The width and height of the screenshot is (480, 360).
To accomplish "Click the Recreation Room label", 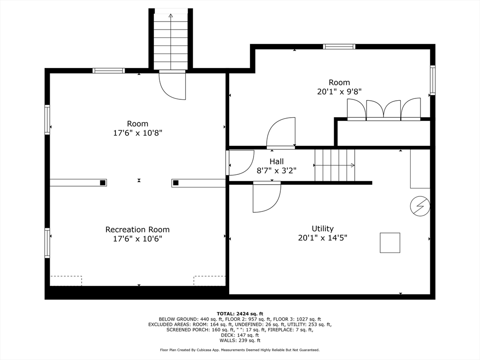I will tap(137, 230).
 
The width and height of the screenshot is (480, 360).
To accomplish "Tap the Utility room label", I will tap(322, 229).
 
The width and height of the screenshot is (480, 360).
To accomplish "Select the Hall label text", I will tap(277, 162).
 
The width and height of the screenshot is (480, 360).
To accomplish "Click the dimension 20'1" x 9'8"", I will tap(339, 92).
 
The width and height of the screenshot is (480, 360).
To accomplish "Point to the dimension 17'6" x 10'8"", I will tap(137, 133).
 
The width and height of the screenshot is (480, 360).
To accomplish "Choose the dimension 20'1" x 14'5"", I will tap(322, 238).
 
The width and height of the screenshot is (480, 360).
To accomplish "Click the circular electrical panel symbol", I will tap(420, 206).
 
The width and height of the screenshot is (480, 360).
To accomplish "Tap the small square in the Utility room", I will tap(390, 243).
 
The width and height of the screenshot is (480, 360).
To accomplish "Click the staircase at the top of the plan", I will tap(171, 41).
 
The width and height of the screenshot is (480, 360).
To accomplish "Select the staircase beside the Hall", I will tap(334, 165).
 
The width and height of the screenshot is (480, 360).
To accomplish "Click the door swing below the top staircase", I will tap(172, 85).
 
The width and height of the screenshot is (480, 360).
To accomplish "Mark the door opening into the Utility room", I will tap(266, 197).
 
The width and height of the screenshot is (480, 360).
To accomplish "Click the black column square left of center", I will tap(102, 183).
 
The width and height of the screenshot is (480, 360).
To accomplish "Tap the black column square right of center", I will tap(175, 183).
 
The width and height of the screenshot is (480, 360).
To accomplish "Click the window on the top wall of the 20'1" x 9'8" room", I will tap(339, 46).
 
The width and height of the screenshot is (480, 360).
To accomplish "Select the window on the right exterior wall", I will tap(433, 80).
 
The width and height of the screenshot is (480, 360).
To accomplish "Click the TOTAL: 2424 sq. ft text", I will tap(240, 314).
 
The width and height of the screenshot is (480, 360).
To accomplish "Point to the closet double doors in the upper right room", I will tap(383, 110).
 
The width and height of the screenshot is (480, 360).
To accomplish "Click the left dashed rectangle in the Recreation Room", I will tap(66, 280).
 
